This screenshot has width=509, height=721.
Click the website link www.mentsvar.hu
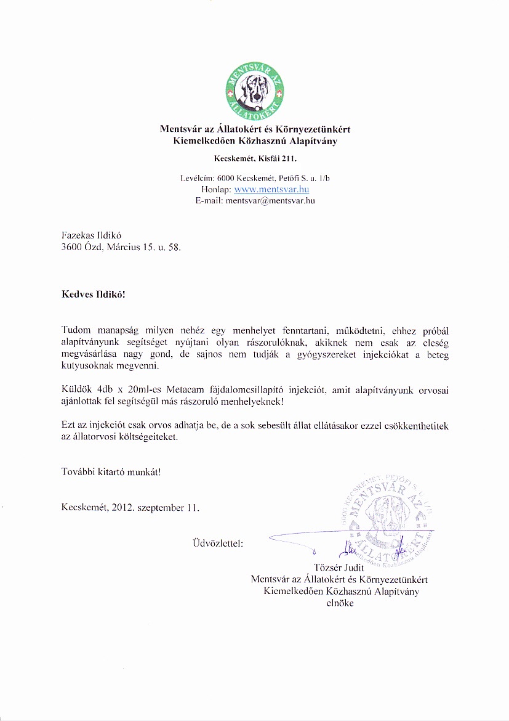point(271,190)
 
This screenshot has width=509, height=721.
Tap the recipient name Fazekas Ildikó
point(89,235)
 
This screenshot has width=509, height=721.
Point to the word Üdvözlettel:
point(218,544)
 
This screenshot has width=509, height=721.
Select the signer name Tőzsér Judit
point(339,568)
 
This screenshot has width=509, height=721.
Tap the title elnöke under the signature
point(339,603)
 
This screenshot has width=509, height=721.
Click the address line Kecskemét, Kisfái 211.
point(255,159)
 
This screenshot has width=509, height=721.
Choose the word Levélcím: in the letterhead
point(195,178)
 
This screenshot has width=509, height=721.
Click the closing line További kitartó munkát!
point(111,472)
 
